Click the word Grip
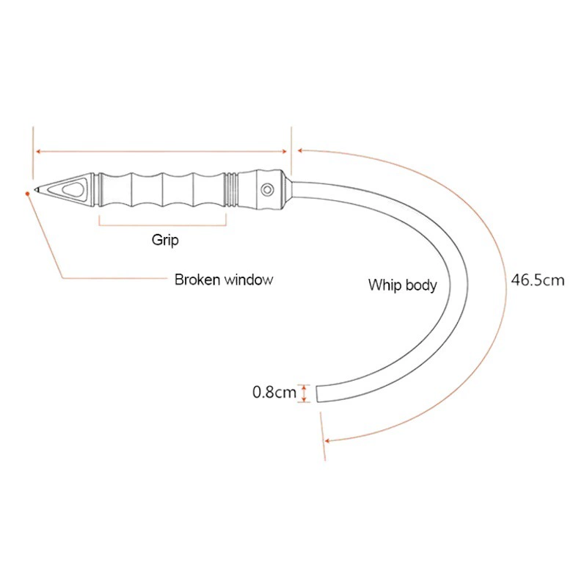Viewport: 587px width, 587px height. coord(165,239)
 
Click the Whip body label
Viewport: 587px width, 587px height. coord(402,285)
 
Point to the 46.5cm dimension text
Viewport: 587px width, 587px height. coord(538,280)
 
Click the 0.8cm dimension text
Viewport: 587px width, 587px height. coord(274,392)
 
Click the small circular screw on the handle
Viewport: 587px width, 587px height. coord(269,189)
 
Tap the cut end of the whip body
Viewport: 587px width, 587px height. coord(317,393)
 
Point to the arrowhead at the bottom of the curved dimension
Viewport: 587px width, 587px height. coord(328,440)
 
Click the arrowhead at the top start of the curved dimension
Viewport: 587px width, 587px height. coord(299,150)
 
